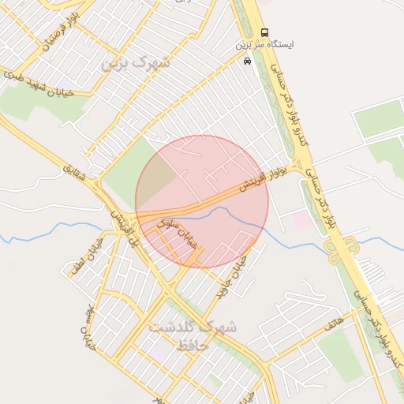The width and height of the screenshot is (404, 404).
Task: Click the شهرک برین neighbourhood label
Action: coord(135,62)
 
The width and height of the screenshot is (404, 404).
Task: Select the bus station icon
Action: coord(264,32)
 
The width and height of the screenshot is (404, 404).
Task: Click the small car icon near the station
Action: coord(248,61)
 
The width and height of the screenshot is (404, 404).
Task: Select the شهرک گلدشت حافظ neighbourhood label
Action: coord(193,335)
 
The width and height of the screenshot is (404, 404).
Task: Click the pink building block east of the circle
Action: coord(302,220)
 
